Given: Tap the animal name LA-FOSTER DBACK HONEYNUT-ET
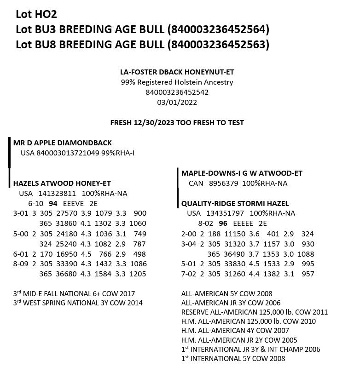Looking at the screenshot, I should (x=177, y=72).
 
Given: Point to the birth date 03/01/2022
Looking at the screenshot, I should (x=177, y=102).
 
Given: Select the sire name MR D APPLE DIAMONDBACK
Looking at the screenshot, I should (x=62, y=143).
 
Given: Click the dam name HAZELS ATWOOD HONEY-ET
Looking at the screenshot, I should (x=62, y=183).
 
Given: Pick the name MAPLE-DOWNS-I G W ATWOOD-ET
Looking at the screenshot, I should (x=242, y=173).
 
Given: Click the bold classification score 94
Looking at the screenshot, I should (x=53, y=203).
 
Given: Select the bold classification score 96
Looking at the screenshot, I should (x=223, y=224).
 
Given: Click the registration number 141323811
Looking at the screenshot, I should (x=57, y=193).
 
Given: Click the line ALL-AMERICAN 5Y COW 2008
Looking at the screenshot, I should (x=226, y=293).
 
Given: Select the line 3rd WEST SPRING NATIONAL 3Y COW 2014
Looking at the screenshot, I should (x=78, y=303).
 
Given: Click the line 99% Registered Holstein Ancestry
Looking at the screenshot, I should (x=177, y=82).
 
